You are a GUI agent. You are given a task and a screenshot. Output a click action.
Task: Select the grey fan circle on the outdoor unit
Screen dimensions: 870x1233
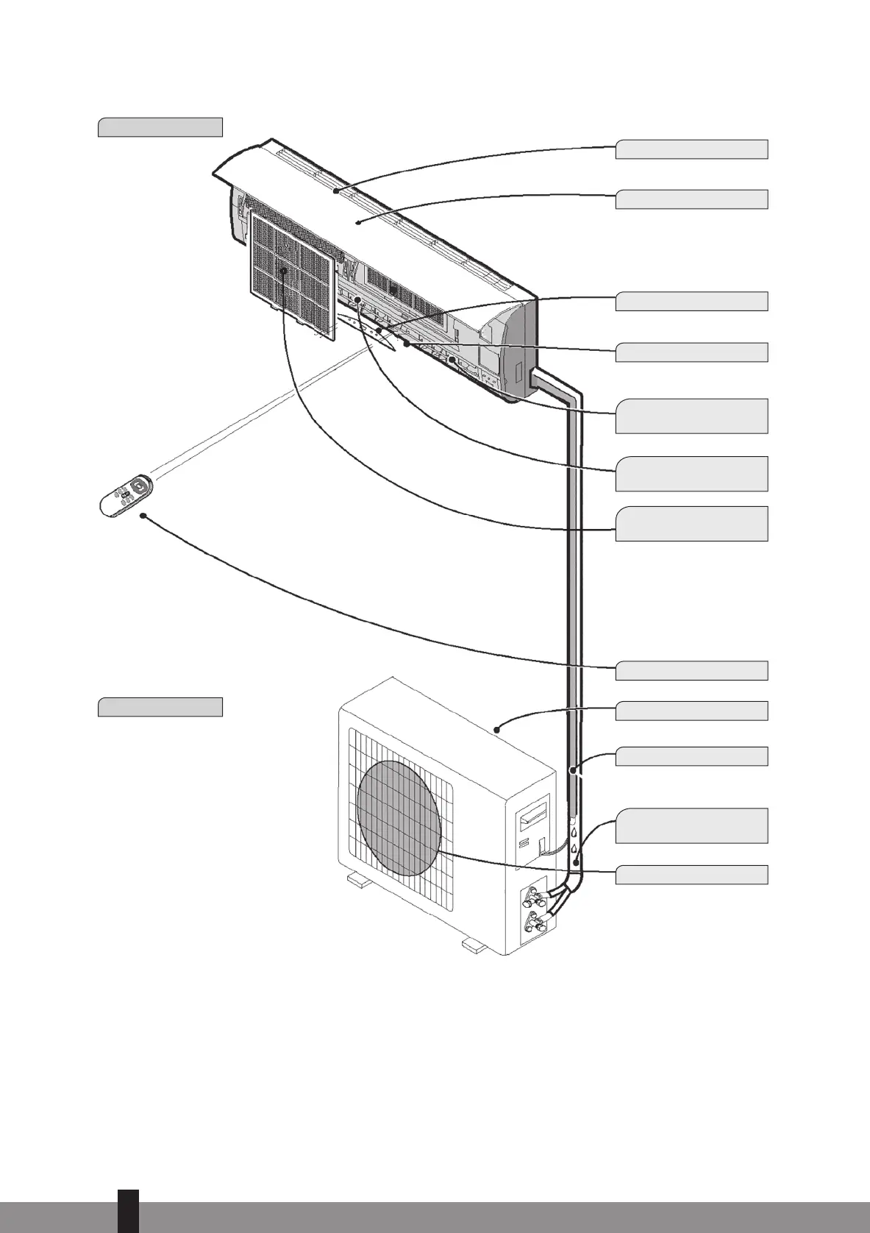point(398,817)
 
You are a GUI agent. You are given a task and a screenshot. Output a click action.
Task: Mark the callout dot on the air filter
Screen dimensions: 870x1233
point(283,271)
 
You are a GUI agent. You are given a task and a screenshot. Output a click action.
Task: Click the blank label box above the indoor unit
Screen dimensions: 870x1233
point(160,127)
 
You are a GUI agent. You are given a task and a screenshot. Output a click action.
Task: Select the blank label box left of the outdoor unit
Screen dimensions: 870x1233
point(160,707)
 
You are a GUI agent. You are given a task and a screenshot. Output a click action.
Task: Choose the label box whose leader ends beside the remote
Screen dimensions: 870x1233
point(691,670)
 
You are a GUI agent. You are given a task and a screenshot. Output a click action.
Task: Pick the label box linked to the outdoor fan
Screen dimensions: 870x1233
point(691,874)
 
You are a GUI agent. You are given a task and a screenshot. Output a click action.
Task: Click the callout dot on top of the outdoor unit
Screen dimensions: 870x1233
point(498,730)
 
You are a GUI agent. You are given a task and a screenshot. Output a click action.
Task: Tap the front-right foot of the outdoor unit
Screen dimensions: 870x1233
point(471,945)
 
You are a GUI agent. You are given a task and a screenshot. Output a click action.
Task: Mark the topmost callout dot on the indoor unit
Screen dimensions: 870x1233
point(335,191)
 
